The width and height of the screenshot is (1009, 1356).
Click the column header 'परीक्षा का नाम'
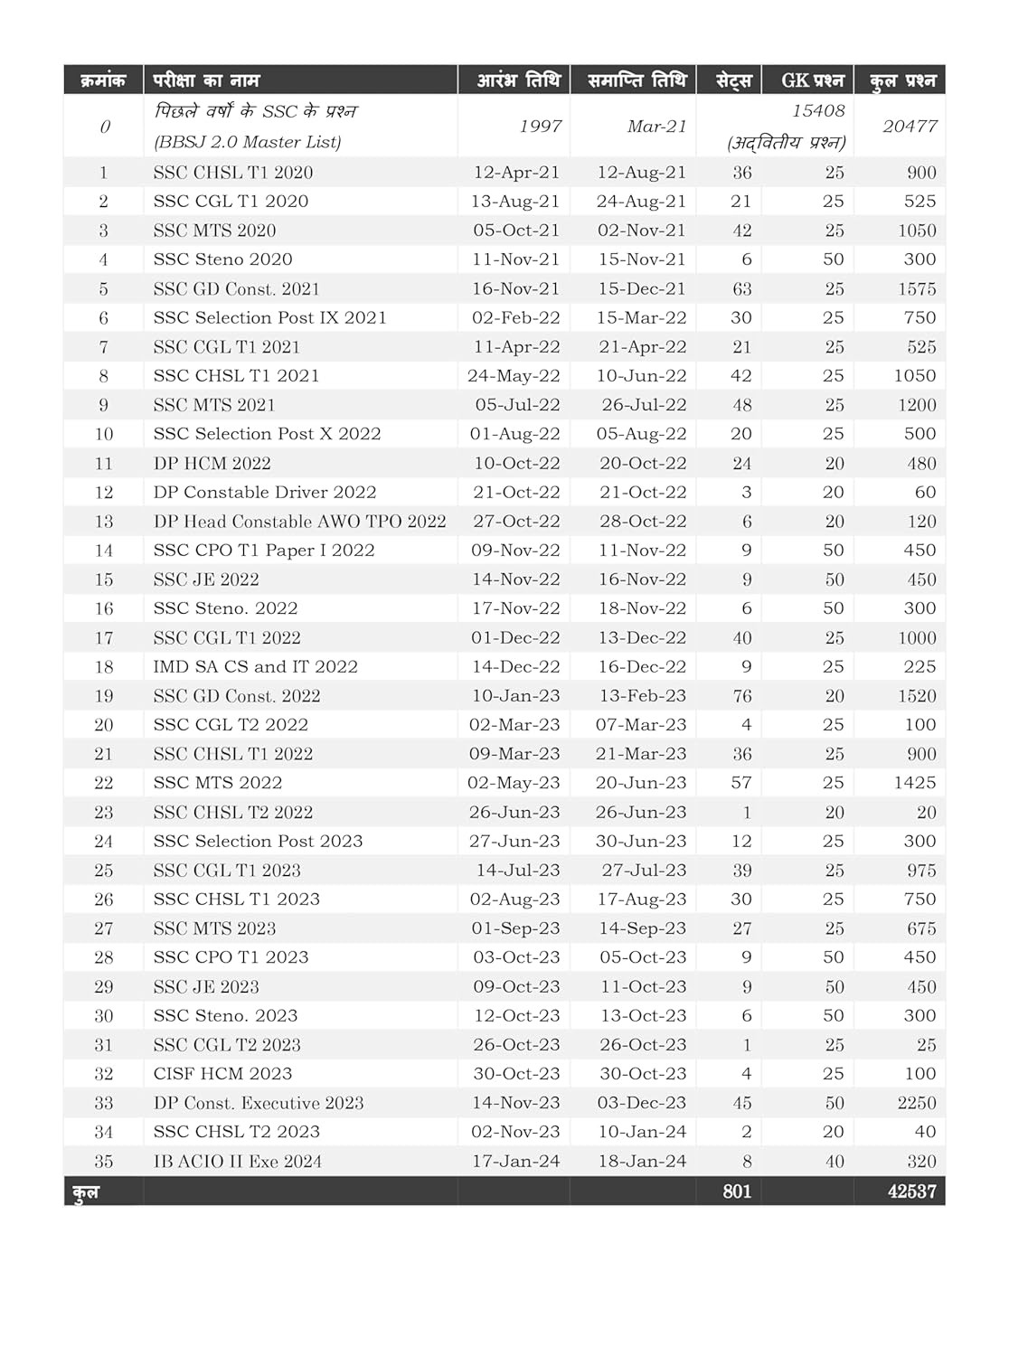click(x=206, y=80)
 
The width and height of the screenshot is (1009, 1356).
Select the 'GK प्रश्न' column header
click(x=812, y=80)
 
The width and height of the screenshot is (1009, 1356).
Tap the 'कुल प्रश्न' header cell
click(x=902, y=80)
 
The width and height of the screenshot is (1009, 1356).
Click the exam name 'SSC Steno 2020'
click(x=222, y=259)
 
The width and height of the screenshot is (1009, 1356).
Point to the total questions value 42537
click(x=911, y=1191)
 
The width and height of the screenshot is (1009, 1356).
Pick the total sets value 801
click(x=737, y=1191)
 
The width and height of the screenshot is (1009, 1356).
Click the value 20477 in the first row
click(x=910, y=127)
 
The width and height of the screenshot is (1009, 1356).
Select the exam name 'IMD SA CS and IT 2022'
click(x=255, y=667)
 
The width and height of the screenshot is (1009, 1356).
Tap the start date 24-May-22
click(x=514, y=376)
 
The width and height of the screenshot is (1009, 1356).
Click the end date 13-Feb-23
click(x=641, y=696)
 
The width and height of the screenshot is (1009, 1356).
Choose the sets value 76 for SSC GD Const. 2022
click(x=741, y=696)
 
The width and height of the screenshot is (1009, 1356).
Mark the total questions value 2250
click(x=917, y=1103)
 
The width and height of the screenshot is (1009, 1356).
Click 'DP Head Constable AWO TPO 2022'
click(x=299, y=522)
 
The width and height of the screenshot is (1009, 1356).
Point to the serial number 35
click(x=104, y=1162)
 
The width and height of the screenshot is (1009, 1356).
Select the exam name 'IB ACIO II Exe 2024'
click(x=237, y=1162)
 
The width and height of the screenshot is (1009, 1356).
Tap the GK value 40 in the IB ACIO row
click(x=834, y=1162)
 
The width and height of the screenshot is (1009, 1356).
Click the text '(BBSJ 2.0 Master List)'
click(x=247, y=142)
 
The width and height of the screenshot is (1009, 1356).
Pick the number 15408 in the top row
click(x=817, y=111)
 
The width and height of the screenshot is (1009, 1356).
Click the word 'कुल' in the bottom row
click(x=86, y=1192)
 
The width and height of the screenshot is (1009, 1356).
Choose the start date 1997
click(x=540, y=127)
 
